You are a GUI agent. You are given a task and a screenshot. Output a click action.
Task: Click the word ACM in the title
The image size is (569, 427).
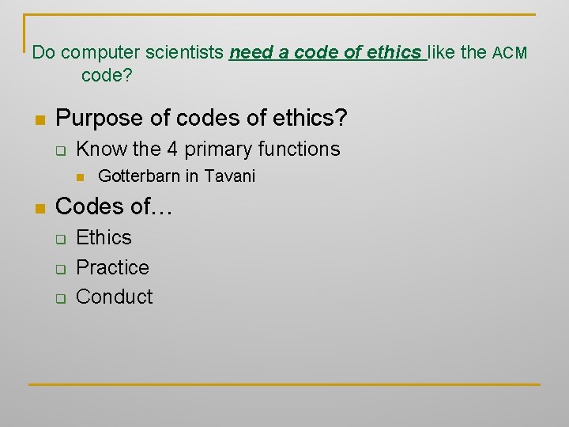click(510, 54)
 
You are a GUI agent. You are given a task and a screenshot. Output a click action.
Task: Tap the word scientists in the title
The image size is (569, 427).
click(187, 54)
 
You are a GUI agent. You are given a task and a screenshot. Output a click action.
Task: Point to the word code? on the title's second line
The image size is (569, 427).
click(107, 76)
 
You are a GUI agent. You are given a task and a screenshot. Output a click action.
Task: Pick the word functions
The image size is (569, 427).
click(300, 149)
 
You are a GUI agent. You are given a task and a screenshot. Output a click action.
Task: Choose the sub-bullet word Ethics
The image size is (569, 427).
click(104, 237)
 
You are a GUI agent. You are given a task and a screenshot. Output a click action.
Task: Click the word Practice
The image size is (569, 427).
click(112, 267)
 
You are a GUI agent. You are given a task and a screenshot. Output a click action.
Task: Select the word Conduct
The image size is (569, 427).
click(114, 297)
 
